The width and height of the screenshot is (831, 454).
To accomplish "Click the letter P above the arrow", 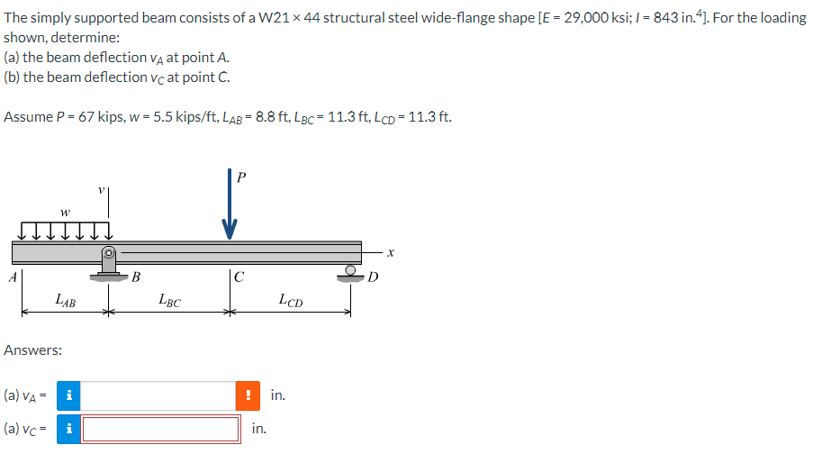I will (239, 177).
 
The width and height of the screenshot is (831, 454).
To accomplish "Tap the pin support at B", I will (109, 263).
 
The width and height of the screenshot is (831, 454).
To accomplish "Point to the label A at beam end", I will (11, 277).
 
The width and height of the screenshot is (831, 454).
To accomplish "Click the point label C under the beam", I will (238, 277).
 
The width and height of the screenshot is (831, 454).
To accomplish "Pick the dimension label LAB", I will (65, 300).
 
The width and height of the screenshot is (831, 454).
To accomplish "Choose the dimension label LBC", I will (168, 301).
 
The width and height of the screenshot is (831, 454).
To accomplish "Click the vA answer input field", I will (159, 395).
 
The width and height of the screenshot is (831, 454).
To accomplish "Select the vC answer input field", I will (161, 429).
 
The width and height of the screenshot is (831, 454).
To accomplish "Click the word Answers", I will (33, 350).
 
